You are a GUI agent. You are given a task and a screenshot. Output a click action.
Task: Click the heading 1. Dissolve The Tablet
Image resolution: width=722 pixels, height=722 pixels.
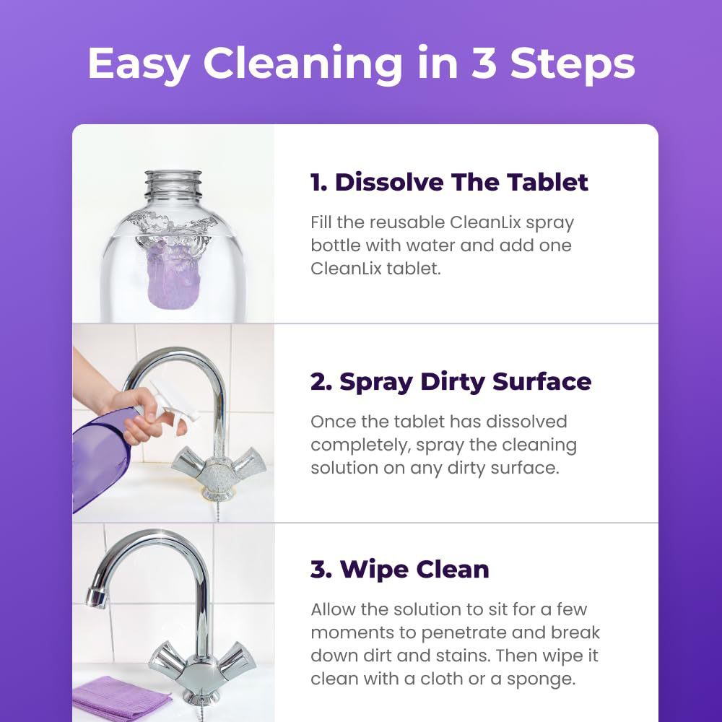pyautogui.click(x=449, y=182)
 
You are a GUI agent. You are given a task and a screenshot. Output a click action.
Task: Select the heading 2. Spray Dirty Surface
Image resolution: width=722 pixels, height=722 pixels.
pyautogui.click(x=451, y=381)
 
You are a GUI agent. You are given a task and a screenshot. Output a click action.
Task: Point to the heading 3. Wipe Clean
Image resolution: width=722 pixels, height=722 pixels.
pyautogui.click(x=399, y=569)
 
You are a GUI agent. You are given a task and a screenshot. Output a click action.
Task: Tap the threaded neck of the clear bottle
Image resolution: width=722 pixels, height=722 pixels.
pyautogui.click(x=173, y=185)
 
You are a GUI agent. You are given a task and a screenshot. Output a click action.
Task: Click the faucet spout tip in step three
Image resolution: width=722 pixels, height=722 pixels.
pyautogui.click(x=94, y=596)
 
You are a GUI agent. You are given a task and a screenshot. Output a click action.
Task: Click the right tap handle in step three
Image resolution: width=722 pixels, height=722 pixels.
pyautogui.click(x=237, y=658)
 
